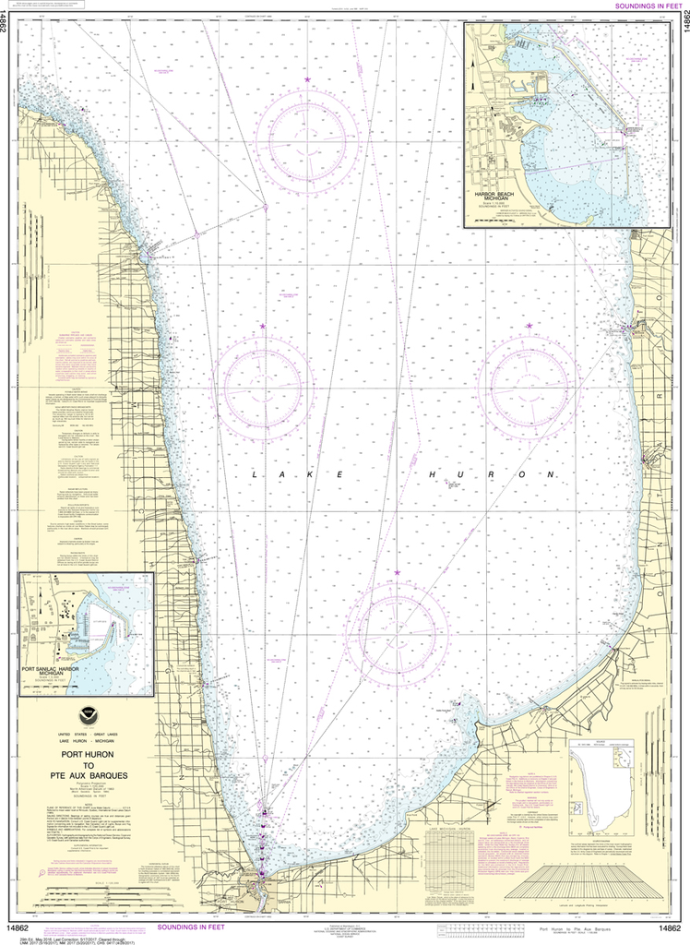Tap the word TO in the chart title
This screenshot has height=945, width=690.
pos(87,764)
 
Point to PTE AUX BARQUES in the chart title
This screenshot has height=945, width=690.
pos(87,775)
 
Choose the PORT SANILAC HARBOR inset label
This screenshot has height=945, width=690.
pos(63,670)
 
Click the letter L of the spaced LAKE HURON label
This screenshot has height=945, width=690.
pos(254,473)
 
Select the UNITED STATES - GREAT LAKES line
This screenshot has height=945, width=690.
pos(87,732)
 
